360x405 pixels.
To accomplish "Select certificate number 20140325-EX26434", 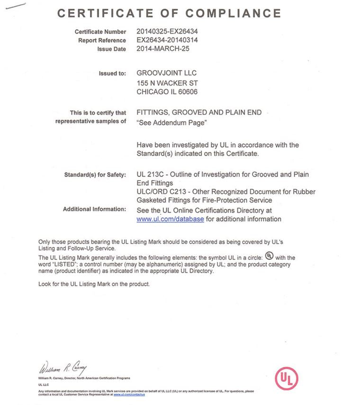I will point(167,32).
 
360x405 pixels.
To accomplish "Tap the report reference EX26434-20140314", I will point(167,40).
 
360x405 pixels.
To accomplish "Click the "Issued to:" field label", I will point(112,74).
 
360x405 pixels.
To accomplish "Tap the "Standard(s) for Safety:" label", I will point(95,175).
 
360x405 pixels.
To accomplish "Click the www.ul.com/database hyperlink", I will point(170,219).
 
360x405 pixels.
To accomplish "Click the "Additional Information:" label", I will point(95,210).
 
